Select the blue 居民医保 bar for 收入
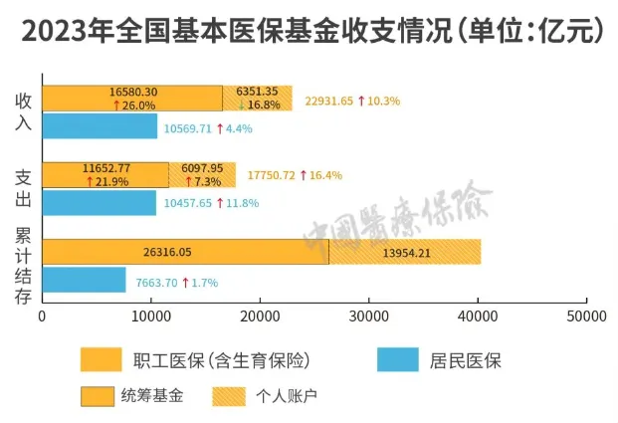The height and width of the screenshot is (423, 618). (x=100, y=127)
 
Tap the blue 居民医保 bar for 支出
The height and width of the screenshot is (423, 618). (x=99, y=203)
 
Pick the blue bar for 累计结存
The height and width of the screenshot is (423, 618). (x=84, y=281)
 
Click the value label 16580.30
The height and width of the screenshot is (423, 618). (x=133, y=92)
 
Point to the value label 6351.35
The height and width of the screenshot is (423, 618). (x=257, y=92)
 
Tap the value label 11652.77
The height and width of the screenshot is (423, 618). (x=106, y=167)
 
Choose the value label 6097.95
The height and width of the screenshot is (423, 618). (x=203, y=167)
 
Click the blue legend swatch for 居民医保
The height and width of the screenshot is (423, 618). (x=399, y=359)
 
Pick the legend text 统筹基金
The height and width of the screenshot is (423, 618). (x=157, y=396)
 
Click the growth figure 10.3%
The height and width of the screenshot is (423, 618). (x=384, y=100)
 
